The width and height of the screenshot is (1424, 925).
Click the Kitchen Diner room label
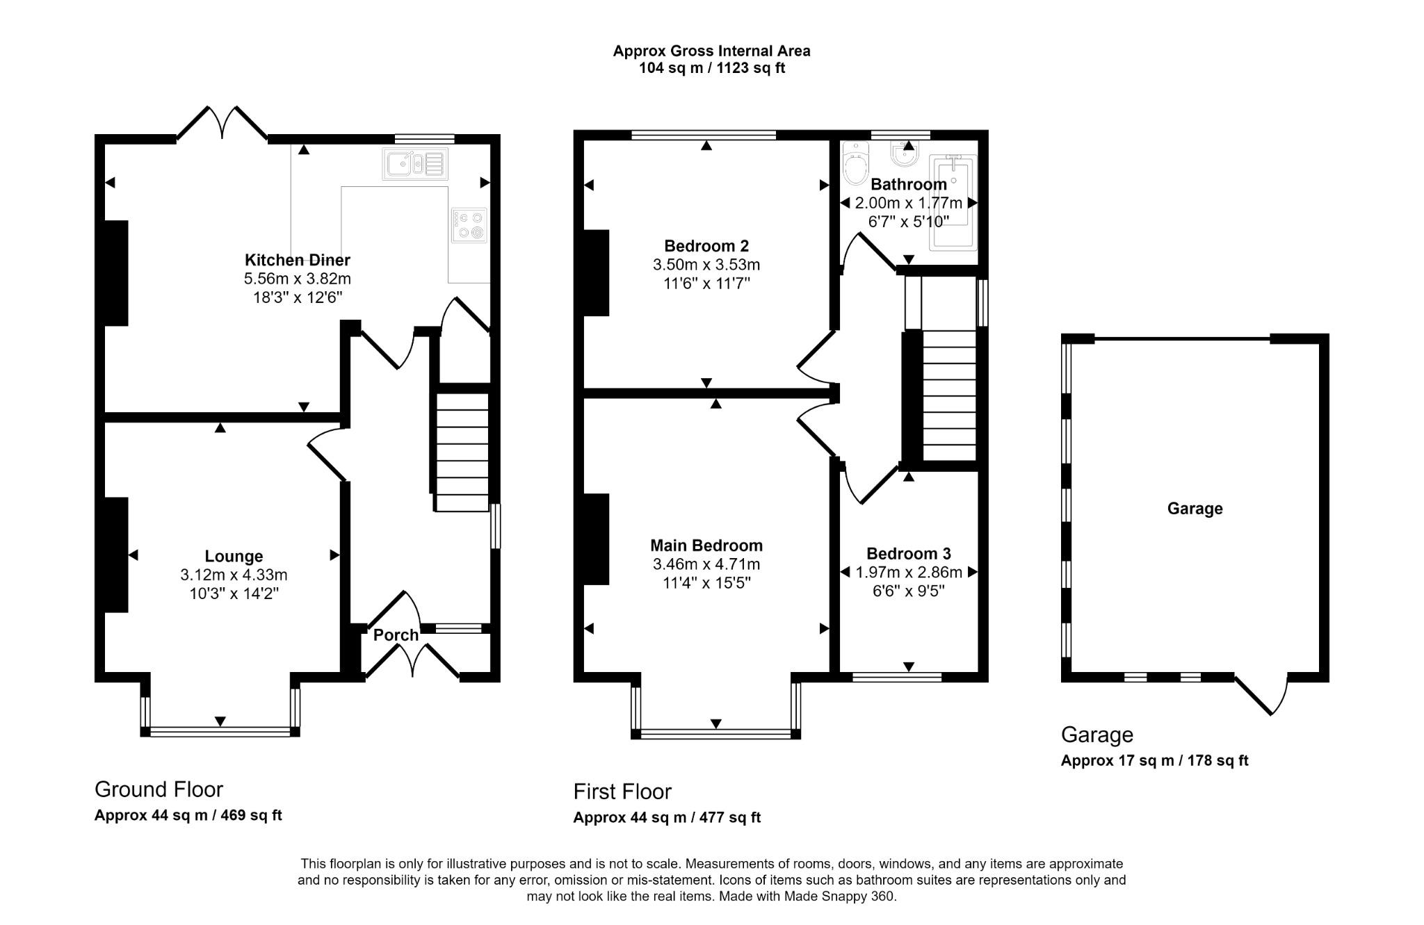click(x=297, y=260)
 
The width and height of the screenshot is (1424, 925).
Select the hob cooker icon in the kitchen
click(x=469, y=225)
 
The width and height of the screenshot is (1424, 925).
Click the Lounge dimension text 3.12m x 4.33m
click(x=234, y=575)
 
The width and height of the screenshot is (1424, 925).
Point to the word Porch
click(x=396, y=635)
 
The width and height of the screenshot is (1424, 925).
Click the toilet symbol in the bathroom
click(x=855, y=164)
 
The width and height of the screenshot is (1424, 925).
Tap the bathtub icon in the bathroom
click(x=953, y=202)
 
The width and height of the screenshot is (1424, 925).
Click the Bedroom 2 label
click(x=706, y=246)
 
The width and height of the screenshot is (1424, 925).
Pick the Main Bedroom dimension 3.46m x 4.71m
click(x=706, y=564)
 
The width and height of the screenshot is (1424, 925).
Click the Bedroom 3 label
click(x=908, y=554)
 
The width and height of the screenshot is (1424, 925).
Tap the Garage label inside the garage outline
click(x=1195, y=509)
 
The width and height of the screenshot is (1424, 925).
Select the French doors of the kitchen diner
click(x=222, y=125)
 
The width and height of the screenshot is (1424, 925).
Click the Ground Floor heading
click(x=159, y=789)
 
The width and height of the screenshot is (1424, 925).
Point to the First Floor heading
click(x=622, y=792)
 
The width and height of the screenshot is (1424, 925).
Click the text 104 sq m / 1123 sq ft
click(x=711, y=69)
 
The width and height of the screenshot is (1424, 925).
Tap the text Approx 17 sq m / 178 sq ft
click(x=1154, y=760)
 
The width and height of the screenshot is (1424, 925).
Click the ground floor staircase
click(x=462, y=452)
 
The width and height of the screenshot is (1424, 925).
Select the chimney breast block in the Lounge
click(x=116, y=555)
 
